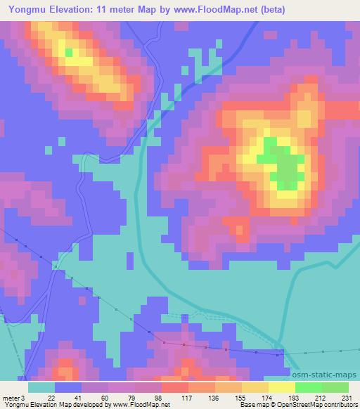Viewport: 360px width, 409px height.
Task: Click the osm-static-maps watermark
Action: pyautogui.click(x=326, y=375)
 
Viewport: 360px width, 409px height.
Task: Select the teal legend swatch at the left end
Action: pyautogui.click(x=42, y=387)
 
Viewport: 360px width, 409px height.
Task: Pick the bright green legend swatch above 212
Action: pyautogui.click(x=309, y=387)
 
